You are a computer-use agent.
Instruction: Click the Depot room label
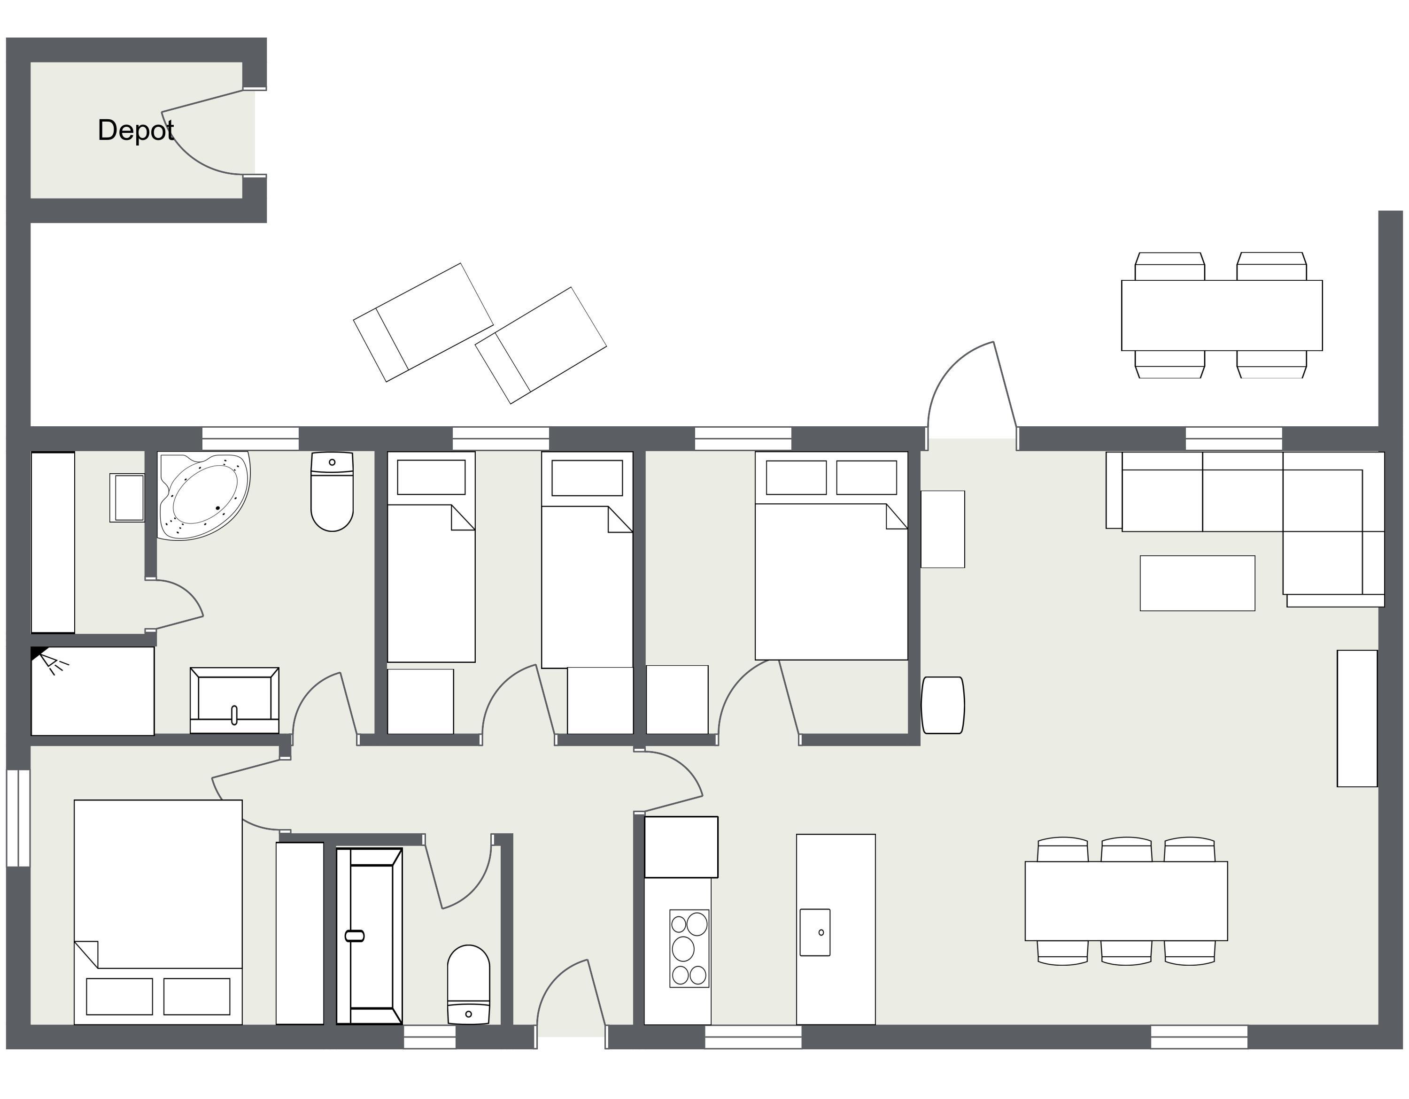(135, 131)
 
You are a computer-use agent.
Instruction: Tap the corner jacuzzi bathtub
(204, 495)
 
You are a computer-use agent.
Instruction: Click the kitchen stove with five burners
(689, 948)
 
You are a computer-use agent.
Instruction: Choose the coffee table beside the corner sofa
(1197, 583)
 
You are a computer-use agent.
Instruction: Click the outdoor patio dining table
(1222, 315)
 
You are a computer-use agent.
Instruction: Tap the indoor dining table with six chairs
(1126, 901)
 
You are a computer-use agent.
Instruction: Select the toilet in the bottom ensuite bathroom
(468, 985)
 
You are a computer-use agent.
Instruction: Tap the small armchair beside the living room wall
(943, 705)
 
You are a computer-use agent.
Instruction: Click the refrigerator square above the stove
(681, 847)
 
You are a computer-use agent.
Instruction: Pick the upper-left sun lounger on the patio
(423, 322)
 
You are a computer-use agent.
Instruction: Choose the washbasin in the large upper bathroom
(234, 700)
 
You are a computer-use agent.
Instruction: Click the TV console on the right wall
(1357, 718)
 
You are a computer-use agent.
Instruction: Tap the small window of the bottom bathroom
(430, 1038)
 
